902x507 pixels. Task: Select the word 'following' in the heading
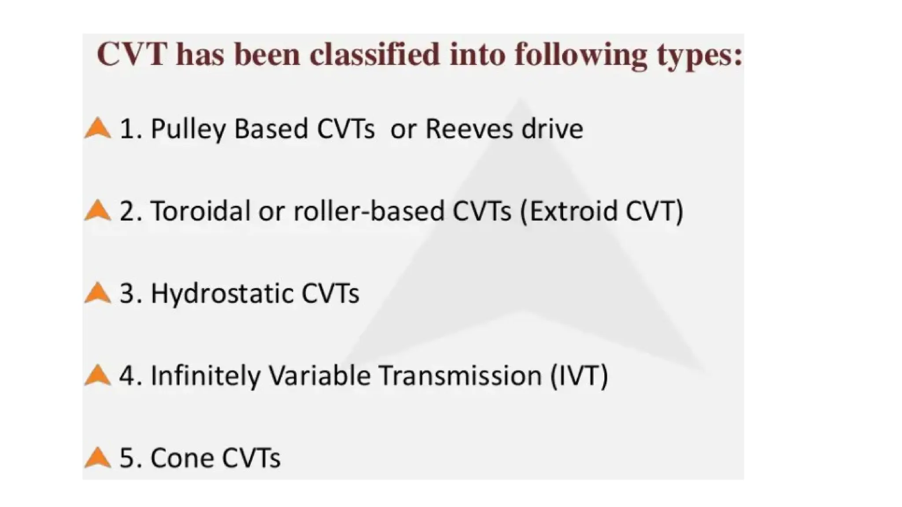pos(580,56)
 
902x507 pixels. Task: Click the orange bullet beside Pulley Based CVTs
pos(97,129)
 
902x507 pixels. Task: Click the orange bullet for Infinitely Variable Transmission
pos(97,375)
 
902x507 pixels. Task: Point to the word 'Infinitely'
pos(205,375)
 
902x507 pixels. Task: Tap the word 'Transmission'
pos(460,375)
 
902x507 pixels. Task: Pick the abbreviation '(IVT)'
pos(579,375)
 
